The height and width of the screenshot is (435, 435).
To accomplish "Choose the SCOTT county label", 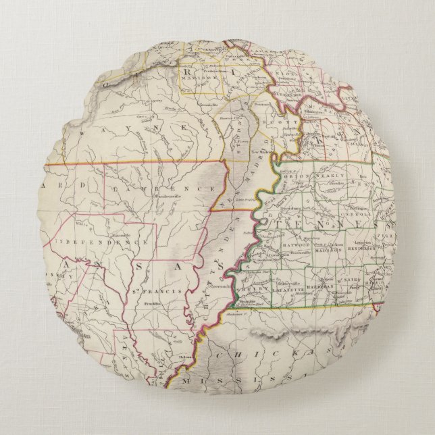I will tap(278, 115).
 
